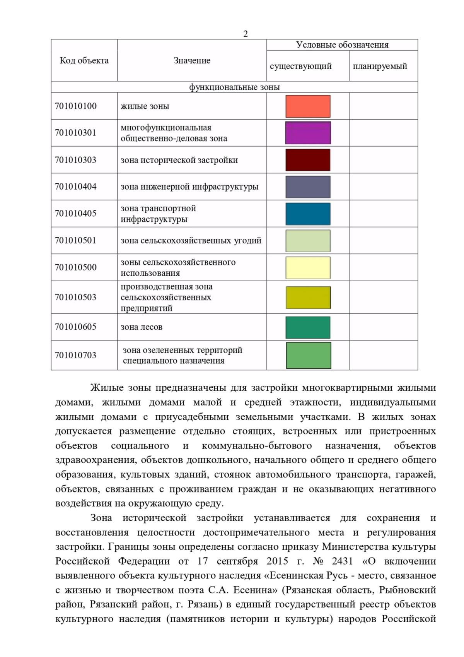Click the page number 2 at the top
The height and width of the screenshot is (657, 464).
coord(246,34)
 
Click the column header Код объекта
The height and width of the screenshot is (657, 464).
coord(84,60)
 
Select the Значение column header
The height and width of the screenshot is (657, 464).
coord(192,60)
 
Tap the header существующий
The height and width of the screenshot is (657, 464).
coord(300,66)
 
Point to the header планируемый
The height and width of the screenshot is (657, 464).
coord(380,66)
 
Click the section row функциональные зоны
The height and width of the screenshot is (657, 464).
coord(234,87)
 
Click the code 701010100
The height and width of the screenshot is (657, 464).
coord(76,106)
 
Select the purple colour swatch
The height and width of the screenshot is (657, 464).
coord(308,133)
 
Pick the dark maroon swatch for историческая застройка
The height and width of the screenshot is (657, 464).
coord(308,160)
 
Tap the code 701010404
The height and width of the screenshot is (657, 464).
coord(76,186)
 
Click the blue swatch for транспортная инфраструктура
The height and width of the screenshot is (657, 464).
coord(308,214)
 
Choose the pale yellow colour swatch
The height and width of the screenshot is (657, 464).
coord(308,267)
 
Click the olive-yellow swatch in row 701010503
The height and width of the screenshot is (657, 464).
coord(308,297)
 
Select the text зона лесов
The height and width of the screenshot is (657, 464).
coord(142,327)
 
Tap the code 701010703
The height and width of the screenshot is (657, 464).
coord(76,355)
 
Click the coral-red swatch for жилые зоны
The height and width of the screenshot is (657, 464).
coord(308,106)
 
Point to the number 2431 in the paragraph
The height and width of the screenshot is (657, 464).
coord(342,561)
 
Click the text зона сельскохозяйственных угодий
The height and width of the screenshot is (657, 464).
coord(191,241)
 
